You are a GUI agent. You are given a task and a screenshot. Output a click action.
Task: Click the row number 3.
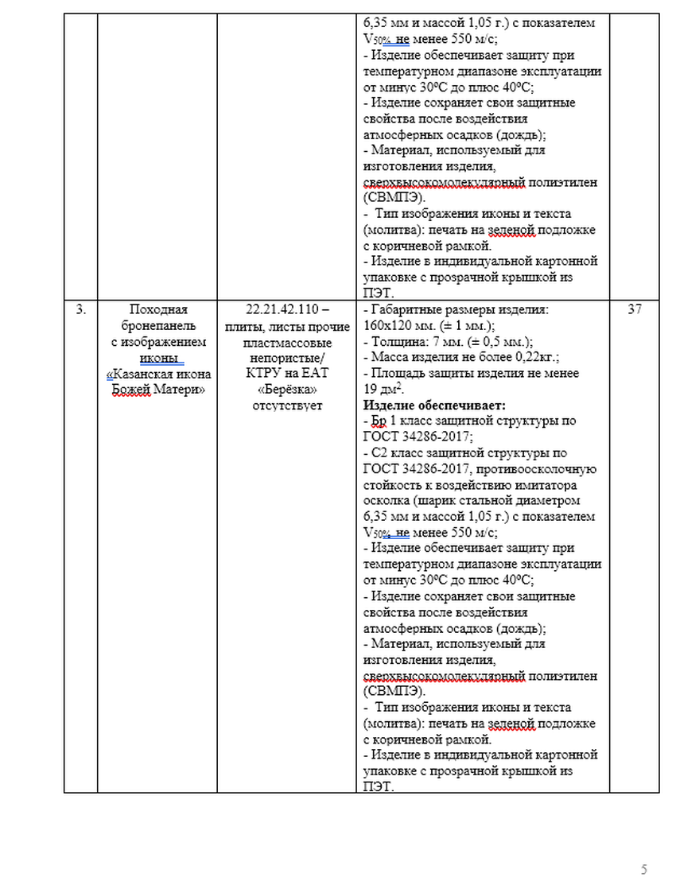[x=80, y=310]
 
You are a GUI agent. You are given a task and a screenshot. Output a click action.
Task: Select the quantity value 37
[x=634, y=310]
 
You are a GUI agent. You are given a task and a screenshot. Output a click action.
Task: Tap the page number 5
[x=644, y=868]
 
